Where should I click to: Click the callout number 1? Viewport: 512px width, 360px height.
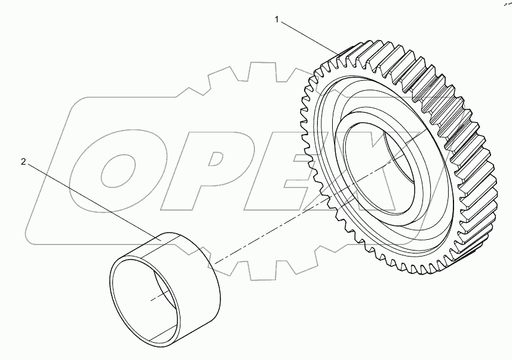tap(277, 20)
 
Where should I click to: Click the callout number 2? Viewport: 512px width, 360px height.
tap(23, 162)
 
